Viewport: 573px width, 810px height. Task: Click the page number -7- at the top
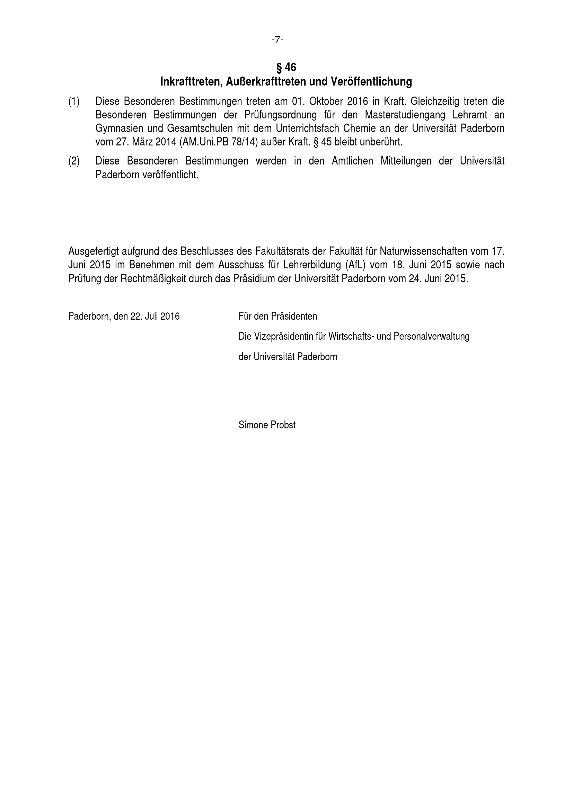click(x=278, y=39)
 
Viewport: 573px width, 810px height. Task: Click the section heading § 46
click(x=286, y=67)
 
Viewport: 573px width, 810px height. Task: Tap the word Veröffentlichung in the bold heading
click(x=371, y=82)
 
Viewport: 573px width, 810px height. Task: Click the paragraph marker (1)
click(x=74, y=101)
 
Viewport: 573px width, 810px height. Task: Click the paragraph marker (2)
click(x=74, y=161)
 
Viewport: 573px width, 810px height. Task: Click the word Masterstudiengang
click(x=405, y=115)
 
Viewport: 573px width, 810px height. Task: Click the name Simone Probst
click(x=267, y=425)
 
